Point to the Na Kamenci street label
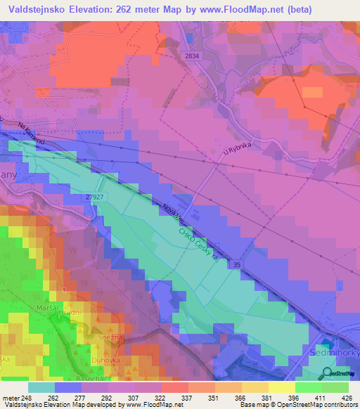pyautogui.click(x=32, y=132)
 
